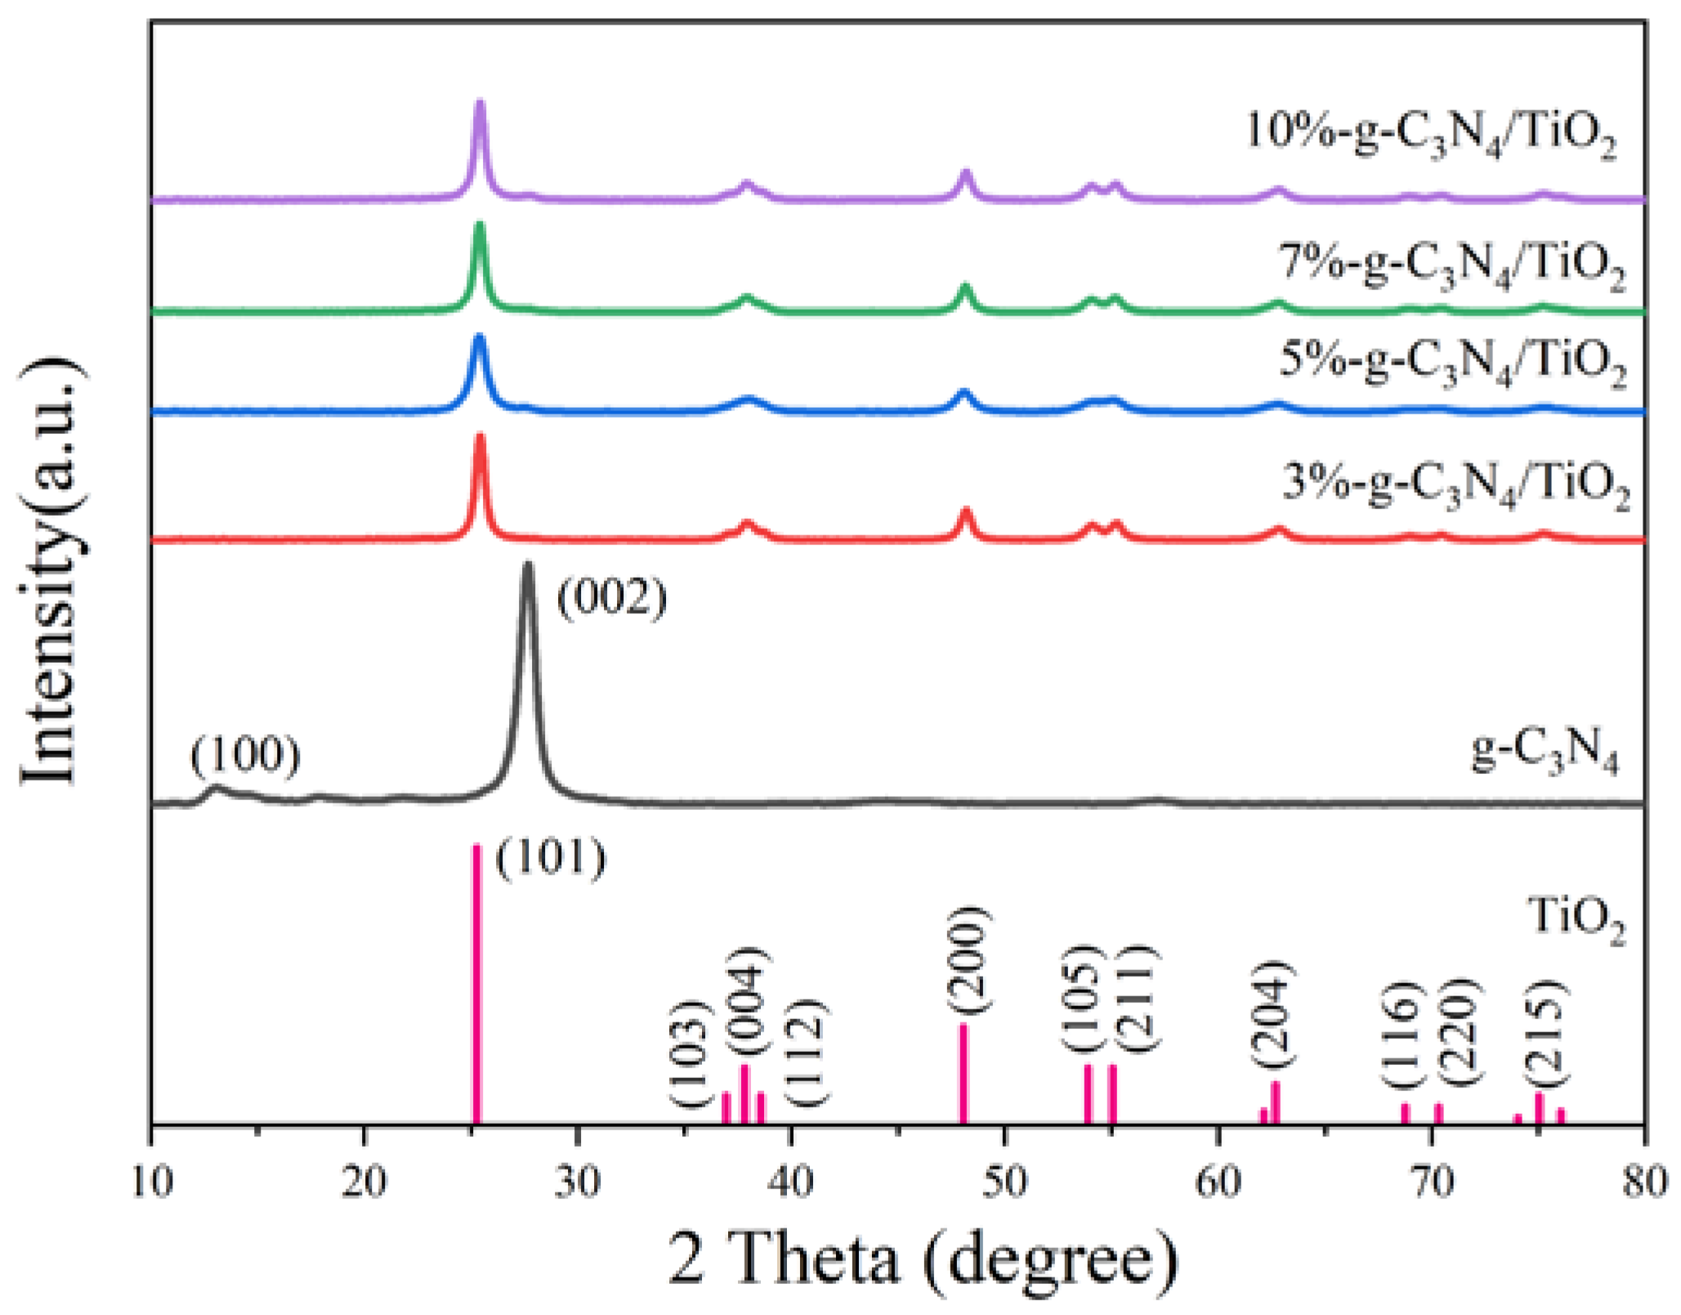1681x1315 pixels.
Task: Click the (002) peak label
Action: coord(611,598)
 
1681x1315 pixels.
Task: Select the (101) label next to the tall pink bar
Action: coord(551,858)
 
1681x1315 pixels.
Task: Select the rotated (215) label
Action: coord(1544,1033)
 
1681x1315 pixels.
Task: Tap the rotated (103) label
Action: coord(691,1053)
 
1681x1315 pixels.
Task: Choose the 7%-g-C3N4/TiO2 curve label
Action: coord(1451,266)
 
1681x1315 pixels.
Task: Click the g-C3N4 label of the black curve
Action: coord(1545,750)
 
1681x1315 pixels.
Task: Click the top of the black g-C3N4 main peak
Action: coord(528,566)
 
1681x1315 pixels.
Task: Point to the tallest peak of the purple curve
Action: coord(480,104)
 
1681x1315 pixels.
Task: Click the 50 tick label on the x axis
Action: coord(1004,1183)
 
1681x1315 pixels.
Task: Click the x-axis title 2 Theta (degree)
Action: coord(923,1259)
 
